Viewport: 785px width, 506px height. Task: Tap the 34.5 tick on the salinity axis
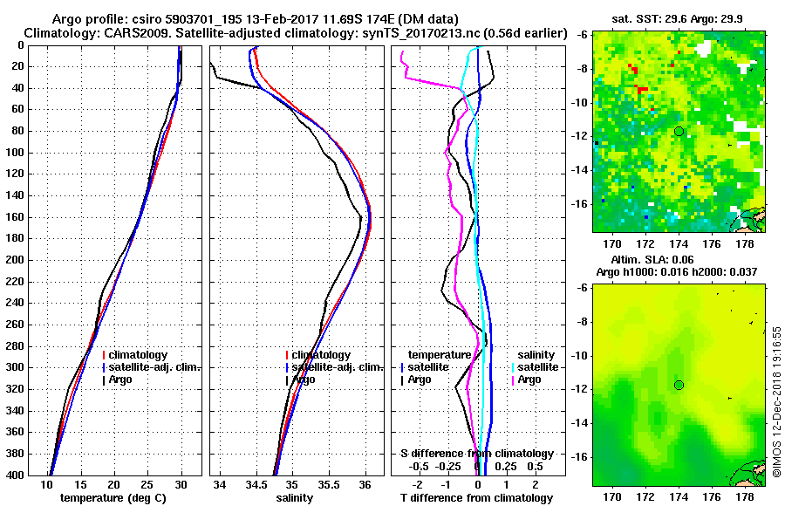point(256,484)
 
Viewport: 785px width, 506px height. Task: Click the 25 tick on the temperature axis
point(147,484)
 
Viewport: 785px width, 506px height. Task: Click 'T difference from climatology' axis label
point(476,498)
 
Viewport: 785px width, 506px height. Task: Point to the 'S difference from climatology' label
point(476,454)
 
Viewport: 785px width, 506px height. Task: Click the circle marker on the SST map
point(679,131)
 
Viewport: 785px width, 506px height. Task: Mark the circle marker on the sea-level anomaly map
point(679,385)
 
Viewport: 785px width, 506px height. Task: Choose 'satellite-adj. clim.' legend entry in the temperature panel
point(154,367)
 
